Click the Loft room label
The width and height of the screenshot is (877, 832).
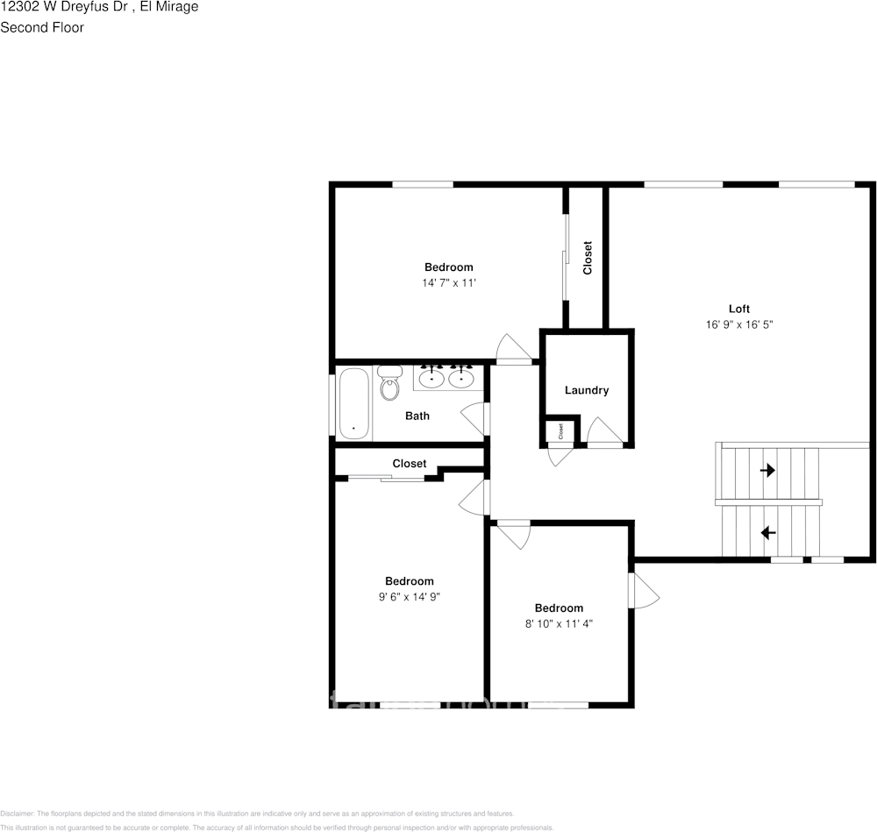pos(739,309)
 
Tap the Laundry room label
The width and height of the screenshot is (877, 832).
pos(587,390)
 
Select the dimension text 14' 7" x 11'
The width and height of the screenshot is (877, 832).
pos(448,283)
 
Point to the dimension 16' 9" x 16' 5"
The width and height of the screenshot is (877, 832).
pos(739,324)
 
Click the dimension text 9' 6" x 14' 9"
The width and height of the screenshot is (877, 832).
pos(409,597)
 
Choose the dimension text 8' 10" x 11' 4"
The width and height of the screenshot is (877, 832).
pos(559,624)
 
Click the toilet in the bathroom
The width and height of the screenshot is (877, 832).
pos(389,385)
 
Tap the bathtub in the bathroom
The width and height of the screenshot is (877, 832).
pos(353,404)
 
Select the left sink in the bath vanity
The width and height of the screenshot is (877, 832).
pos(431,378)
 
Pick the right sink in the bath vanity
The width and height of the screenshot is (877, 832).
pos(461,378)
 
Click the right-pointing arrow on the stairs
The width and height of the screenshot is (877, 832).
pos(767,471)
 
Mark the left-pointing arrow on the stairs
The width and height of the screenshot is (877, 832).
pos(767,532)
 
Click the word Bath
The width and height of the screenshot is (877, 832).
pos(417,416)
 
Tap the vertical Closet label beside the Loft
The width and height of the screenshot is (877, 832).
pos(588,257)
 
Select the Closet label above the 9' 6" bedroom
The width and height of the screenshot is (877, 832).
pos(410,464)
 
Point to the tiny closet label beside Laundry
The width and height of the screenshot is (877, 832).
pos(560,431)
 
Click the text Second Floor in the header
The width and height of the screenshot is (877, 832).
pos(42,27)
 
